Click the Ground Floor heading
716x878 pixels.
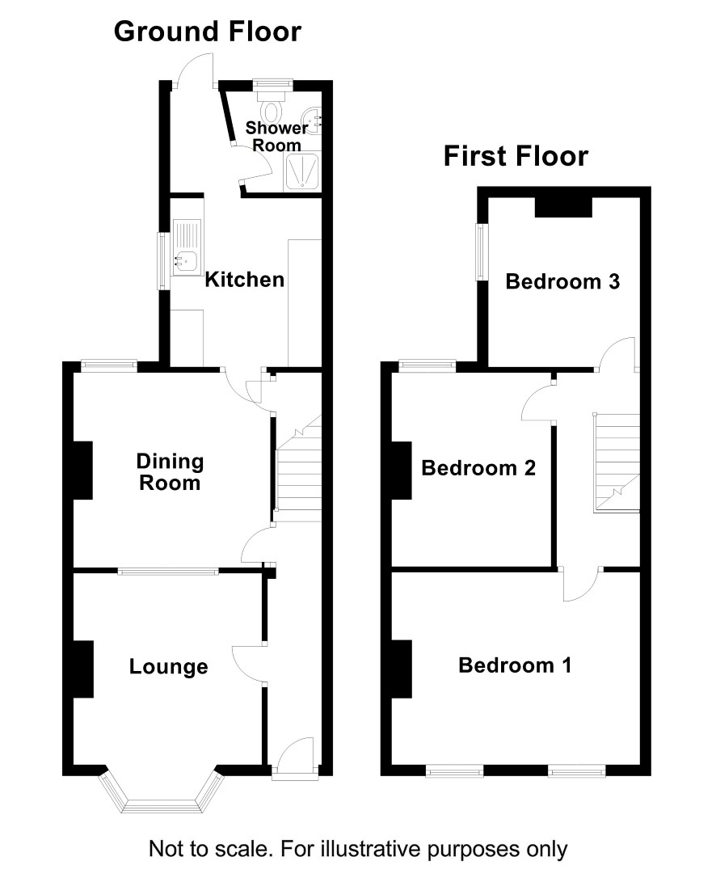point(208,32)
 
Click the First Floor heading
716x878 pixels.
point(516,156)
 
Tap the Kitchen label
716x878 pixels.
point(245,280)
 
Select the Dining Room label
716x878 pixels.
point(171,472)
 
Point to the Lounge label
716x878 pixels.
point(169,666)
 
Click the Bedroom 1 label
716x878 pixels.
point(515,665)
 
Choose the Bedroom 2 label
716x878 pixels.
point(478,467)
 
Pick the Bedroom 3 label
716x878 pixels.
point(562,281)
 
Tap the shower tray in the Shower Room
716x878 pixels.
point(302,171)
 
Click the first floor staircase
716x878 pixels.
point(617,462)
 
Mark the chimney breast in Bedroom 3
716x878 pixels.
point(564,207)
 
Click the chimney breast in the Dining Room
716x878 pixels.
point(83,471)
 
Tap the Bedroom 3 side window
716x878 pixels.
point(481,252)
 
